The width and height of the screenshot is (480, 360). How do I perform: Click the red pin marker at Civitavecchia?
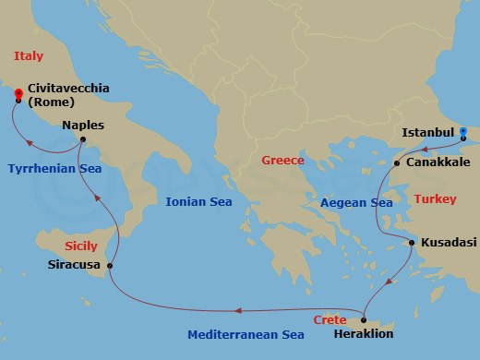[x=18, y=94]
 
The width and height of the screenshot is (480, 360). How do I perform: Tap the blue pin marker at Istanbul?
[x=464, y=132]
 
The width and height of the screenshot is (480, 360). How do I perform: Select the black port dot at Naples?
[x=82, y=140]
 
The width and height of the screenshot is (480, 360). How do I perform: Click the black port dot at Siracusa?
[x=110, y=266]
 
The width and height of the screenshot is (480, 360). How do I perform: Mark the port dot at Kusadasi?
[x=412, y=243]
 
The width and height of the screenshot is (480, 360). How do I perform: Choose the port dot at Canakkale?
[x=397, y=163]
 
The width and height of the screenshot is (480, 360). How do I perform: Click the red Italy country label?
[x=28, y=56]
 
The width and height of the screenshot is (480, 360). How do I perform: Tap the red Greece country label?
[x=282, y=160]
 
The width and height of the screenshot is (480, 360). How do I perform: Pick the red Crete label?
[x=330, y=319]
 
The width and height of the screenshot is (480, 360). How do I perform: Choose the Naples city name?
[x=83, y=125]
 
